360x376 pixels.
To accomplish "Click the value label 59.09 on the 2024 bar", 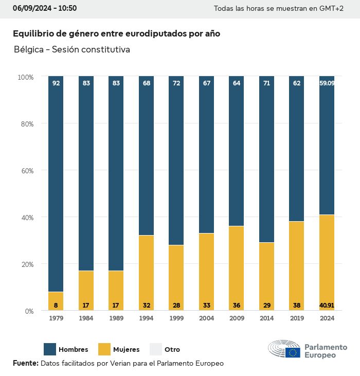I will point(327,83).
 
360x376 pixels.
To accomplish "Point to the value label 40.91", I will point(327,305).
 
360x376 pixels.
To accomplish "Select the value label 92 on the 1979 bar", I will point(56,83).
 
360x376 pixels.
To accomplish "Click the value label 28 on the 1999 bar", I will point(176,305).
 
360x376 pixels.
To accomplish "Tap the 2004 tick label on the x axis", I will point(206,318).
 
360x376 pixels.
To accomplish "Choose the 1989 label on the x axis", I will point(116,318).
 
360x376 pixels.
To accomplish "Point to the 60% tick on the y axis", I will point(26,170).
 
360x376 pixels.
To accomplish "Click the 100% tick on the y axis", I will point(25,77).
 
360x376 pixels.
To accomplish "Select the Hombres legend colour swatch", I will point(50,349).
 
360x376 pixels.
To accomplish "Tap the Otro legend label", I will point(172,350).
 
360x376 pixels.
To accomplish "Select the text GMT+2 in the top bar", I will point(332,9).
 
